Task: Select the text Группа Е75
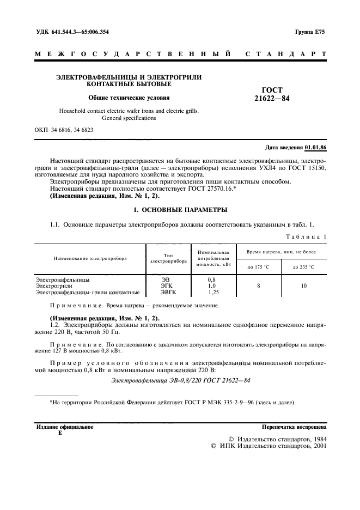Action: point(311,32)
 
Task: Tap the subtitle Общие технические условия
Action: point(129,98)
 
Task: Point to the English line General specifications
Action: point(129,118)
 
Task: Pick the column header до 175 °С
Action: point(259,266)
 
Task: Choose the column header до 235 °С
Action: point(303,266)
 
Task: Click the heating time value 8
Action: point(259,286)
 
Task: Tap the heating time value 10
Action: point(303,286)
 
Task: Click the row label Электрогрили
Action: point(52,286)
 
